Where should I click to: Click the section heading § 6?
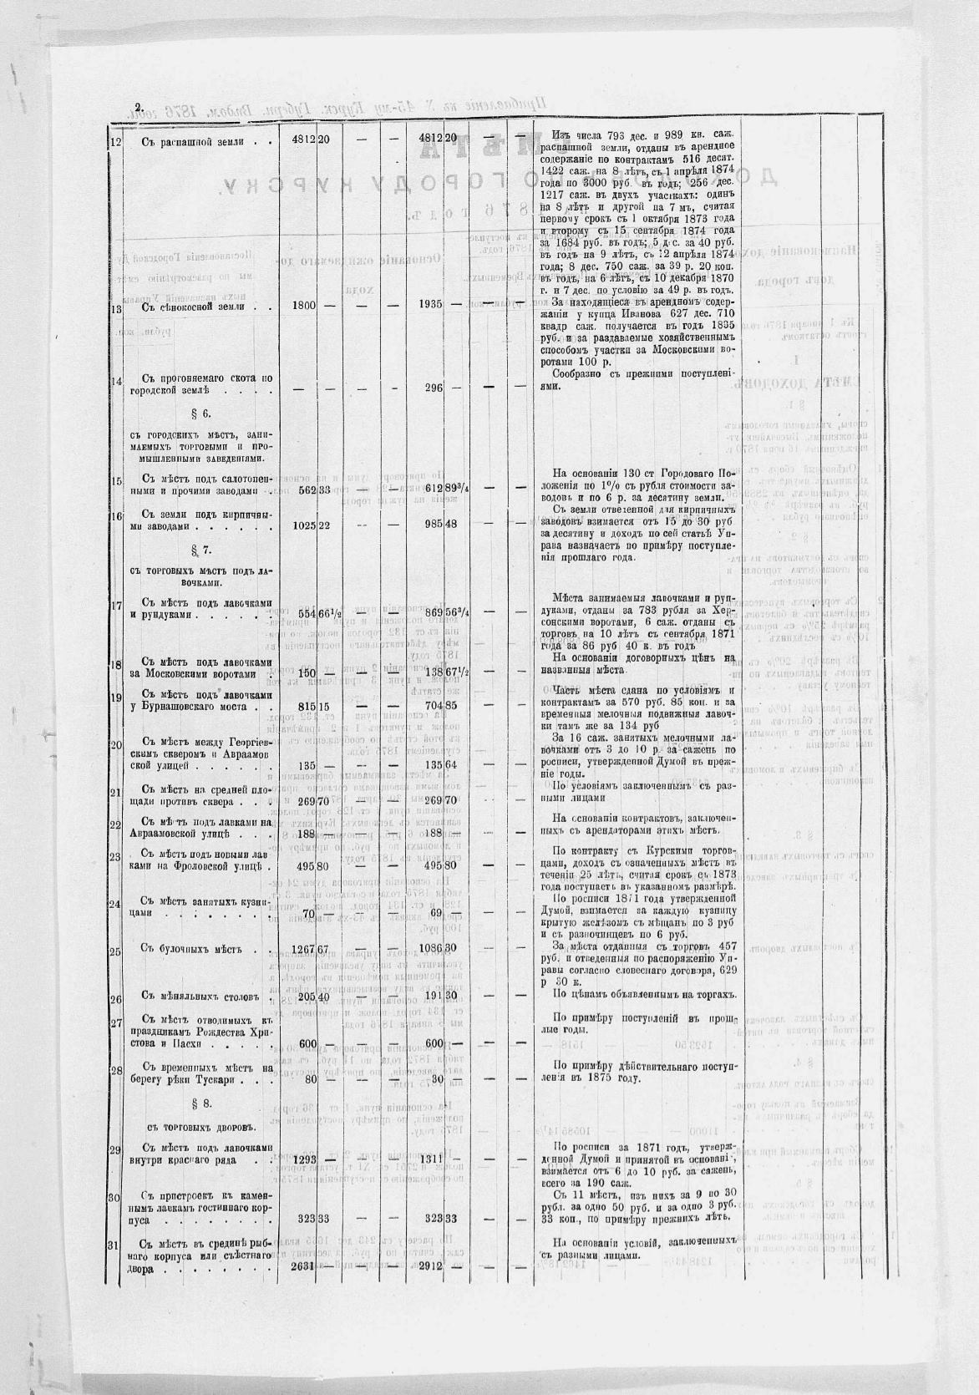tap(204, 414)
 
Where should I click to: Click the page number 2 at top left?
tap(139, 106)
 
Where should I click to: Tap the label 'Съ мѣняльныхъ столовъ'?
tap(201, 997)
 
